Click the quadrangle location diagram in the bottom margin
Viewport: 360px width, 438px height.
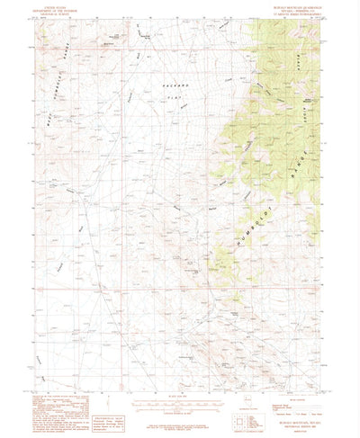coord(244,397)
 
